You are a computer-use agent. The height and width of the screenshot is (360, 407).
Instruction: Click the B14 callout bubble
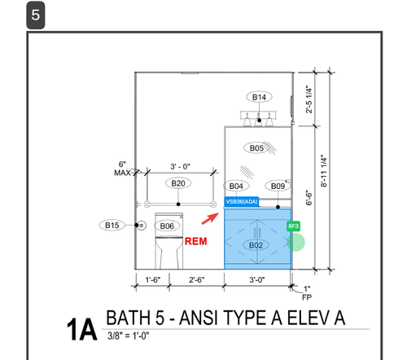[x=259, y=97]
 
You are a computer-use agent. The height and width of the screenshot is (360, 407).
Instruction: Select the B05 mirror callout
[x=256, y=148]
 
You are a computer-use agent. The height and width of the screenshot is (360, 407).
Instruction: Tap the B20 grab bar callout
[x=178, y=183]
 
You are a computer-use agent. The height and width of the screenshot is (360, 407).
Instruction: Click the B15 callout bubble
[x=112, y=225]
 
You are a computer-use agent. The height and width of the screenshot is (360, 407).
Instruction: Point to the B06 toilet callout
[x=167, y=226]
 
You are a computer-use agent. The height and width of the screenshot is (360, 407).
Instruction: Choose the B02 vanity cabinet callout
[x=256, y=245]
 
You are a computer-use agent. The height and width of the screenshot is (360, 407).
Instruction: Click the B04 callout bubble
[x=236, y=186]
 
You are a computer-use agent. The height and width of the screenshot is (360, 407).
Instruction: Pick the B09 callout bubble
[x=278, y=186]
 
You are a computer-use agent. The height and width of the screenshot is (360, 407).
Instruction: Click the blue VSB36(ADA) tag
[x=242, y=202]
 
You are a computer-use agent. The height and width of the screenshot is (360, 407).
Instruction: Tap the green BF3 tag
[x=293, y=226]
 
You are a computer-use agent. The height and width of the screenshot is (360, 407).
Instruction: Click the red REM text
[x=195, y=241]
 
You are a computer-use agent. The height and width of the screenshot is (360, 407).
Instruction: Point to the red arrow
[x=210, y=218]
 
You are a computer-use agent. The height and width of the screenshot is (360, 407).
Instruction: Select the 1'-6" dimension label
[x=153, y=279]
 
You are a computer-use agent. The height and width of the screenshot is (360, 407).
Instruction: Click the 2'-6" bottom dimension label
[x=197, y=279]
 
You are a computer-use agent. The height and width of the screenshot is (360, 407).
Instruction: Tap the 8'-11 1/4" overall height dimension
[x=324, y=171]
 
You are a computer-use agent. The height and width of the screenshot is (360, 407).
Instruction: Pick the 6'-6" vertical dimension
[x=309, y=197]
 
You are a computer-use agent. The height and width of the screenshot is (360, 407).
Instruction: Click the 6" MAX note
[x=122, y=169]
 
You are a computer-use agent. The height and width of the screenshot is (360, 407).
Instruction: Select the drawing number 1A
[x=81, y=330]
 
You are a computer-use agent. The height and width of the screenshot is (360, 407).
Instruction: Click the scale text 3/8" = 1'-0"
[x=129, y=336]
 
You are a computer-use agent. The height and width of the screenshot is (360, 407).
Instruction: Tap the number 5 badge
[x=36, y=15]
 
